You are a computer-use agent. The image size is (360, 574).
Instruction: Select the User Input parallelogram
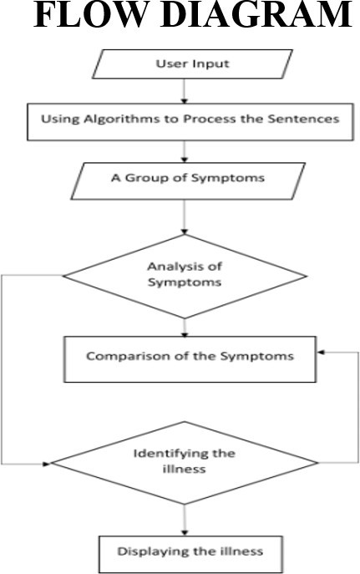192,64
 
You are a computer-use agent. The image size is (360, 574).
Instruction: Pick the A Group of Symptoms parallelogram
188,181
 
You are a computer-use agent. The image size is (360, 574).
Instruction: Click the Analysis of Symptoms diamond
185,277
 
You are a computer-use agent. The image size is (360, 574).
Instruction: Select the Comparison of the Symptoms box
190,359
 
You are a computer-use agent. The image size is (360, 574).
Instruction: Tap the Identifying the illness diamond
185,463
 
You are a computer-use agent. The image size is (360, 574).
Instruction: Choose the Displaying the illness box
190,555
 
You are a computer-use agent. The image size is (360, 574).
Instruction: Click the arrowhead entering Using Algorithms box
185,100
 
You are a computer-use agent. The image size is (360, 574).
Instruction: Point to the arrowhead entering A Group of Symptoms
185,160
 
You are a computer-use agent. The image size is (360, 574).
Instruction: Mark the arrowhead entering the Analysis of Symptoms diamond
185,231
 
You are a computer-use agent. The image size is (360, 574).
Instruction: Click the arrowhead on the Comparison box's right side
321,353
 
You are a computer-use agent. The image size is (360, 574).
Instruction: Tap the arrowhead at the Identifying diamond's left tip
47,464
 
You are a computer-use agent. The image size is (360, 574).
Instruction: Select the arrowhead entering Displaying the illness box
185,532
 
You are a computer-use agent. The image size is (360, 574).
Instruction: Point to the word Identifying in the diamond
168,455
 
